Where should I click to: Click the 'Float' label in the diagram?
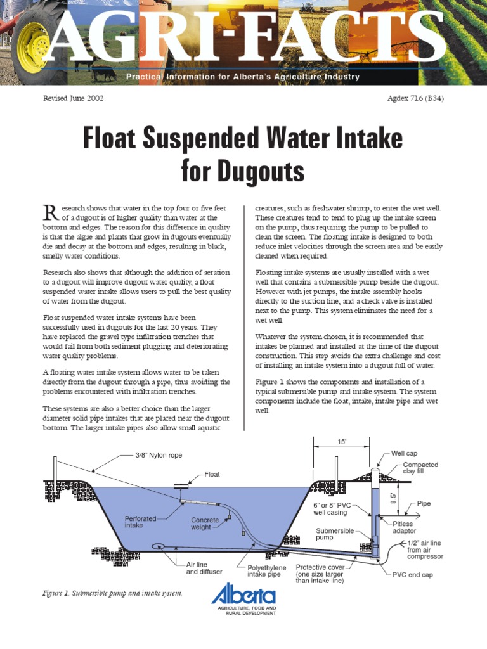[x=212, y=474]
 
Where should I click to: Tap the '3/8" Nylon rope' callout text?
[x=162, y=454]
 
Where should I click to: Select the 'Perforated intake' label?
[x=140, y=522]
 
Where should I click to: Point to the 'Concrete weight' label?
[x=205, y=524]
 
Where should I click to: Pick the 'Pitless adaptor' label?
[x=404, y=527]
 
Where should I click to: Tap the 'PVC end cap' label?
[x=412, y=575]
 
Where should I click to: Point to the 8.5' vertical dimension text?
[x=393, y=498]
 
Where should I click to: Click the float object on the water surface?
[x=181, y=487]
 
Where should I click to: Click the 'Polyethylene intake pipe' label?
[x=266, y=571]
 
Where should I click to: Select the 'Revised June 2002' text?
[x=73, y=98]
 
